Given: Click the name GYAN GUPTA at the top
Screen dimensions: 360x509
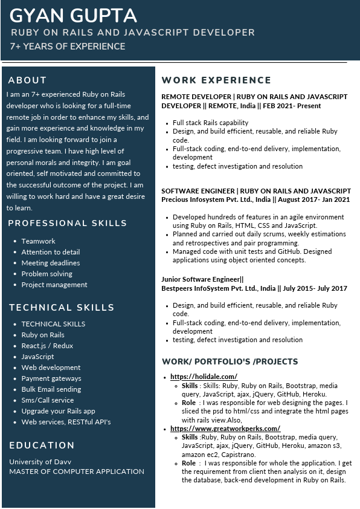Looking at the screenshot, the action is tap(73, 15).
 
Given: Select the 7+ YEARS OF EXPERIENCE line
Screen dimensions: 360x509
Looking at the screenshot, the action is tap(67, 47).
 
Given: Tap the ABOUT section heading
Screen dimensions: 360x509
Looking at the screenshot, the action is tap(27, 80).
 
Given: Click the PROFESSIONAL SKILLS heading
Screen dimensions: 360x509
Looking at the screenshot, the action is tap(67, 224).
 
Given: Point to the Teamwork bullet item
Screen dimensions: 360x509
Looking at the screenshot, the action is tap(38, 241).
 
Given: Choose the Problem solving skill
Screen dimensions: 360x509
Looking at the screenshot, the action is tap(47, 274).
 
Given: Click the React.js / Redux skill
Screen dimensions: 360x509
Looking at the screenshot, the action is tap(47, 346).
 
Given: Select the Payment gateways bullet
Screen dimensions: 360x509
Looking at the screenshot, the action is tap(51, 378).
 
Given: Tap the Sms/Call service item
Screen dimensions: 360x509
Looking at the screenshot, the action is tap(47, 400).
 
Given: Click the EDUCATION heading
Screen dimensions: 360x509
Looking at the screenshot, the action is tap(42, 446).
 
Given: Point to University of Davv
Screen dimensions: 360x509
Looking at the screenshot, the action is tap(40, 462).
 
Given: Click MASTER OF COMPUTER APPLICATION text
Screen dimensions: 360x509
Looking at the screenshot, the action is tap(77, 472).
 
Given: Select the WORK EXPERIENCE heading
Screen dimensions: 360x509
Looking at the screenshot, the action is tap(216, 80).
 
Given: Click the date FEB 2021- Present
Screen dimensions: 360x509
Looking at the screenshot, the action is tap(292, 106).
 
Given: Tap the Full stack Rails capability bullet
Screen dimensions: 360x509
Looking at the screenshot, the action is tap(210, 123).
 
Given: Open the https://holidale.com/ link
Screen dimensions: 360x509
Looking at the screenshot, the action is tap(204, 377).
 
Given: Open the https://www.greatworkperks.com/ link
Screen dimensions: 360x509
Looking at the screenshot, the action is tap(225, 429).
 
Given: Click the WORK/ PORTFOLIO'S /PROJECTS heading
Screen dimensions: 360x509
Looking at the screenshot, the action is tap(230, 361).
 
